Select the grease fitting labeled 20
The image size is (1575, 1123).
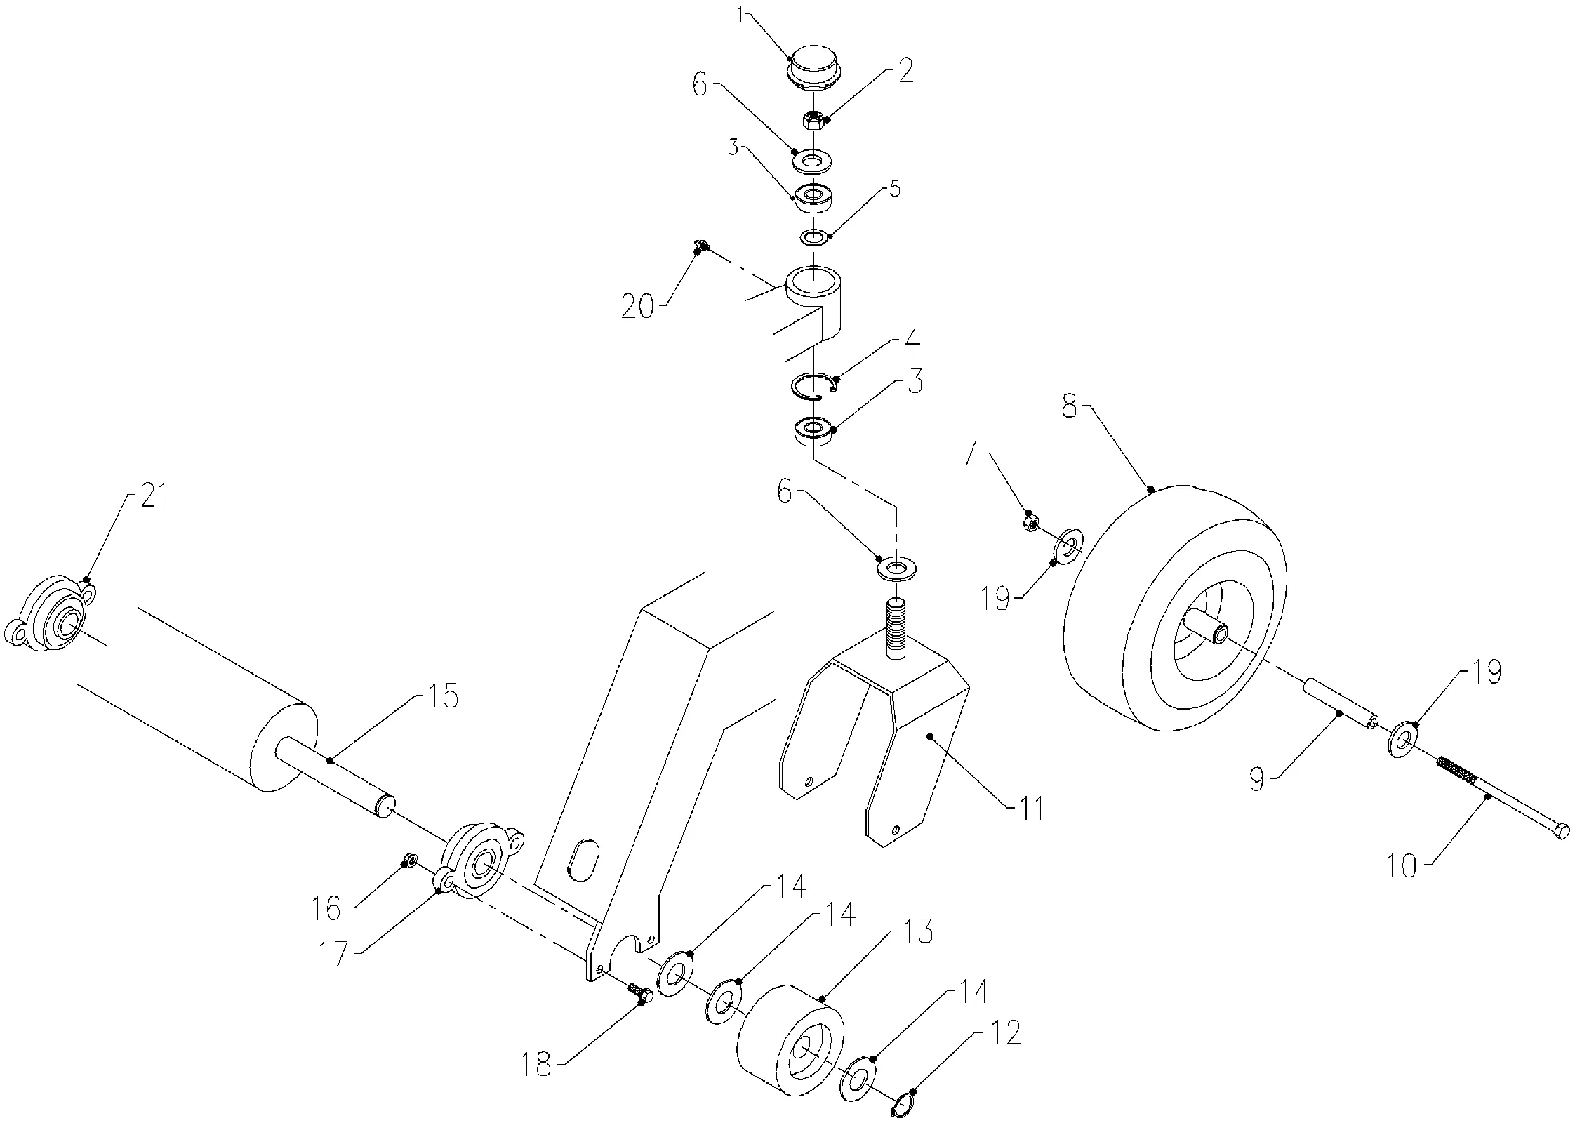tap(700, 246)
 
